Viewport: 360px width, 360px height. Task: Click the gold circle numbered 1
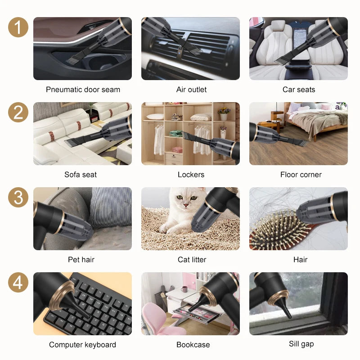point(18,27)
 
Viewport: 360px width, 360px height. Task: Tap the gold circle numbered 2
point(18,112)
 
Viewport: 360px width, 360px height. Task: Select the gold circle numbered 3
point(18,198)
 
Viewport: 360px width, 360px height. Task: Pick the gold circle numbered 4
point(18,283)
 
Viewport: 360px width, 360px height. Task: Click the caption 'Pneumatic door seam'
point(83,90)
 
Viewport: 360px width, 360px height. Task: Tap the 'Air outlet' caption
point(191,90)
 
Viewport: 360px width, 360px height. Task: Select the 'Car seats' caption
point(299,90)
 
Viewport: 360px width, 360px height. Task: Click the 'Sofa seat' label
point(81,175)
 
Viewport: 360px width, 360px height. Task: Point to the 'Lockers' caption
point(191,175)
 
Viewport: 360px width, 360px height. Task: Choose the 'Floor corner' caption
point(301,175)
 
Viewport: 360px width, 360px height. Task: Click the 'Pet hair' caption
point(81,260)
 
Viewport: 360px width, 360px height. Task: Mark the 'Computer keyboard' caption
point(82,345)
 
